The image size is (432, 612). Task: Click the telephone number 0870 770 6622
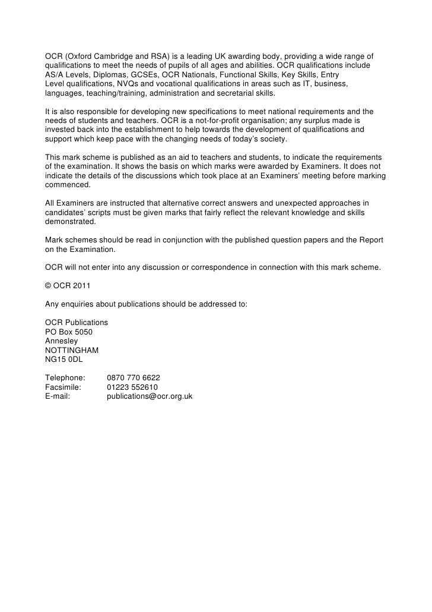point(133,377)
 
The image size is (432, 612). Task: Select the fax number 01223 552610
point(132,387)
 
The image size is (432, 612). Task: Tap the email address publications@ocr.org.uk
point(150,396)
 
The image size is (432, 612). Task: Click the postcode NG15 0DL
point(62,359)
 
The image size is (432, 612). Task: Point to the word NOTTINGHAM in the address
point(72,351)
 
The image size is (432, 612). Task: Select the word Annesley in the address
point(61,341)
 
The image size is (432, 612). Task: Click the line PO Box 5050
point(69,332)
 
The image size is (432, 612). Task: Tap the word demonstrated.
point(70,221)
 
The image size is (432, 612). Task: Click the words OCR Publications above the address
point(77,323)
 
